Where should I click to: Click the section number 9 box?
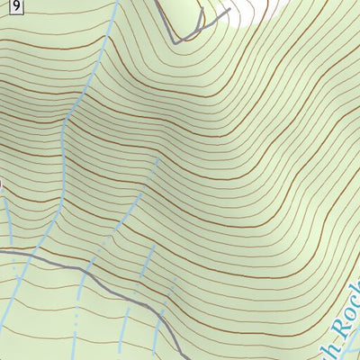click(20, 6)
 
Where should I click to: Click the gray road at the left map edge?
click(3, 249)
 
